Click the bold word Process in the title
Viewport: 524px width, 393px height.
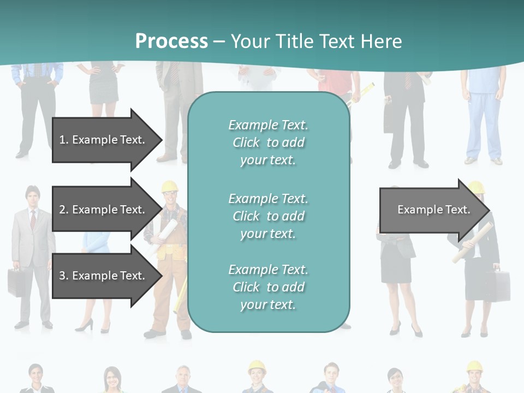(x=171, y=41)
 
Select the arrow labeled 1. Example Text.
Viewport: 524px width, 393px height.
(x=104, y=140)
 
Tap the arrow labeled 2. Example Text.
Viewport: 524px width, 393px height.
(x=104, y=210)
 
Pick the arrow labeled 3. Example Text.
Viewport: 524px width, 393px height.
(x=104, y=276)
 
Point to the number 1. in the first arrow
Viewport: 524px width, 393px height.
(x=64, y=140)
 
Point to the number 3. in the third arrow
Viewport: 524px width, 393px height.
(x=64, y=276)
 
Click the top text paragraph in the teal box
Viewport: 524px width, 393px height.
(x=268, y=142)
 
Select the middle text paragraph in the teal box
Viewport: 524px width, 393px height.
(x=268, y=216)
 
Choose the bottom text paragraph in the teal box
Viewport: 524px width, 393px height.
(x=268, y=287)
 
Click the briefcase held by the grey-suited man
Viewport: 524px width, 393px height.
(x=16, y=281)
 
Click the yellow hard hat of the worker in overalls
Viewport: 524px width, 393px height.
(x=170, y=187)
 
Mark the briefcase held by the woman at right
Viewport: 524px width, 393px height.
(x=497, y=284)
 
